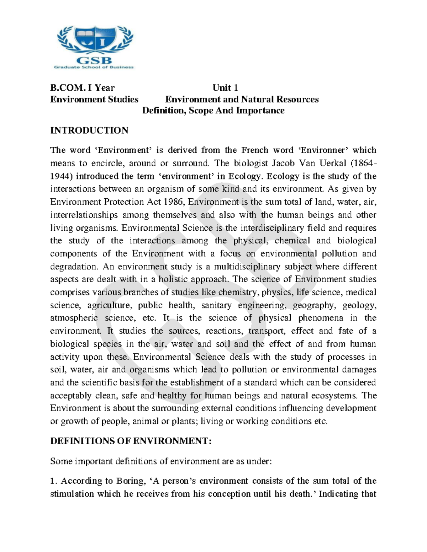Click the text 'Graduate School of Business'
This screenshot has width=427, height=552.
(x=94, y=67)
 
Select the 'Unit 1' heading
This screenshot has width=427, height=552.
(x=225, y=88)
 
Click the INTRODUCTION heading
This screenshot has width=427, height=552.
(x=89, y=130)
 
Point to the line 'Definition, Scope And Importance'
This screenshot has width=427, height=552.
(x=213, y=111)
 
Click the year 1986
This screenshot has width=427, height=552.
(x=174, y=202)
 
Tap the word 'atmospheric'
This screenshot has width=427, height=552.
(x=74, y=318)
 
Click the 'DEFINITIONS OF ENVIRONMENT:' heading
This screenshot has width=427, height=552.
(x=131, y=441)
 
